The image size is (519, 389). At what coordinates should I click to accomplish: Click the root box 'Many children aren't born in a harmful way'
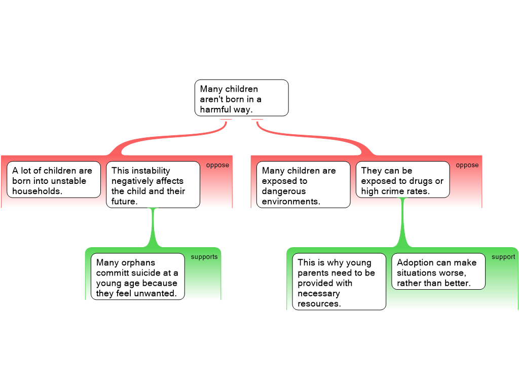(x=242, y=98)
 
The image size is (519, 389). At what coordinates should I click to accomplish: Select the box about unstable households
(x=54, y=180)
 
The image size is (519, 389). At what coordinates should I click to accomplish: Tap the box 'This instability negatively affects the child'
(x=153, y=184)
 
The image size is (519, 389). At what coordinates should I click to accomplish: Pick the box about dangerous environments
(x=303, y=184)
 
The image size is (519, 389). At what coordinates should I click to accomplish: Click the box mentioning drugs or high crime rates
(x=402, y=180)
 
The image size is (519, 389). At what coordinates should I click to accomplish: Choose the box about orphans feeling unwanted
(x=138, y=277)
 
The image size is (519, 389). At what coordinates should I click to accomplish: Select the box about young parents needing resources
(x=339, y=282)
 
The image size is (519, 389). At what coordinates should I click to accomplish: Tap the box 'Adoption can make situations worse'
(x=438, y=271)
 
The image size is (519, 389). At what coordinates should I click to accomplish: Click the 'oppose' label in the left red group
(x=217, y=165)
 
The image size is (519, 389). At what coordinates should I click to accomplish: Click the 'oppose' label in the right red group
(x=467, y=165)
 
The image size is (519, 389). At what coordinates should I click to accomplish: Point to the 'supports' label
(x=204, y=257)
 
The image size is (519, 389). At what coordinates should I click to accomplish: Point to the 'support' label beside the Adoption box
(x=503, y=257)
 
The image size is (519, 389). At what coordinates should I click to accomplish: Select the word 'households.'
(x=37, y=191)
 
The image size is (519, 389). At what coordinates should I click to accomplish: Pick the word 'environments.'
(x=291, y=202)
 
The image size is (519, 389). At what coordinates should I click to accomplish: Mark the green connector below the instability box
(x=153, y=227)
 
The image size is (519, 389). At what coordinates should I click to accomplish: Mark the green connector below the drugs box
(x=402, y=223)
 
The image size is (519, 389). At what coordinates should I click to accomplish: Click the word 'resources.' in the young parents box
(x=319, y=304)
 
